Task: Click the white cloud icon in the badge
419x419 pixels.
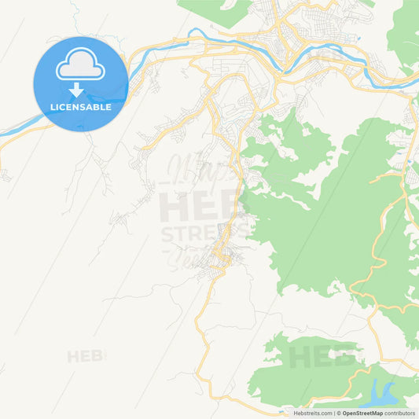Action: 80,66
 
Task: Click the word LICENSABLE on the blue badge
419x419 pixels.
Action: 80,107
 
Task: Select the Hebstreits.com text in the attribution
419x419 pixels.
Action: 313,413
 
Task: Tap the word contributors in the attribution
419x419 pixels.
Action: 400,413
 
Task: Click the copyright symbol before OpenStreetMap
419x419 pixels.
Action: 340,413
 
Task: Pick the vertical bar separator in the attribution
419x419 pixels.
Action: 335,413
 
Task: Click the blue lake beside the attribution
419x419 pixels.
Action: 378,393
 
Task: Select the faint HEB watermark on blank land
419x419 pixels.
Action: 85,356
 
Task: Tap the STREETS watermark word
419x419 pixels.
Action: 204,233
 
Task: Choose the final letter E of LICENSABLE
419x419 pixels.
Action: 108,107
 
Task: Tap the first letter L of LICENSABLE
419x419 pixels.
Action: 52,107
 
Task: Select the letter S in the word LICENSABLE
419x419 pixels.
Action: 81,107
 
